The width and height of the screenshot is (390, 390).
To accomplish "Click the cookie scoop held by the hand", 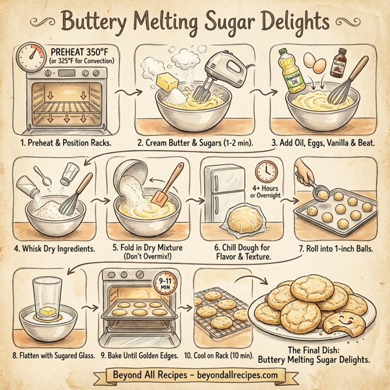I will click(x=321, y=194).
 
